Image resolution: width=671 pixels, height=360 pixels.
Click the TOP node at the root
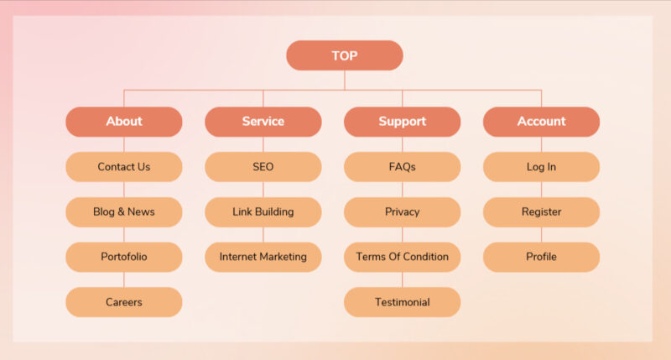(345, 55)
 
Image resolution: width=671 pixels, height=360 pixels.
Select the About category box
(124, 122)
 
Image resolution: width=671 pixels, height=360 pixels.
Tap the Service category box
(263, 122)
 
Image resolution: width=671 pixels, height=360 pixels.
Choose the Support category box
(403, 122)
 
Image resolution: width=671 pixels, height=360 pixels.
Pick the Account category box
(541, 122)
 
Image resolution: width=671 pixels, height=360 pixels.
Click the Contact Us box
(124, 167)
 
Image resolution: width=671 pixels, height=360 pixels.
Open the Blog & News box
(124, 212)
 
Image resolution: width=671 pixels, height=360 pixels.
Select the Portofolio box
(124, 257)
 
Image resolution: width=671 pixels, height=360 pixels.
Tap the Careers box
(124, 302)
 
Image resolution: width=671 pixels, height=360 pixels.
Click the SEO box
(263, 167)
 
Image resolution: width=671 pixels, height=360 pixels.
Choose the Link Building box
(263, 212)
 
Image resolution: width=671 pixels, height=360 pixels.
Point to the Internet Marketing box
(263, 257)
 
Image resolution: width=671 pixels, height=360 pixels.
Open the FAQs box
(403, 167)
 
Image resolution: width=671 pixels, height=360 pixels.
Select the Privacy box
(403, 212)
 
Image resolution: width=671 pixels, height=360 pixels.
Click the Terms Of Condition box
(403, 257)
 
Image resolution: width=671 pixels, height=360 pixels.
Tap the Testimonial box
(403, 302)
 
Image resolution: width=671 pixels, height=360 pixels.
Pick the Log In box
(541, 167)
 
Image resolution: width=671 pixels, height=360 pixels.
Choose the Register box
(541, 212)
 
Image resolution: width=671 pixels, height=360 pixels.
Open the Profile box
(541, 257)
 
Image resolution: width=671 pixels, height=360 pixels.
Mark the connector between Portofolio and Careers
(124, 280)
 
